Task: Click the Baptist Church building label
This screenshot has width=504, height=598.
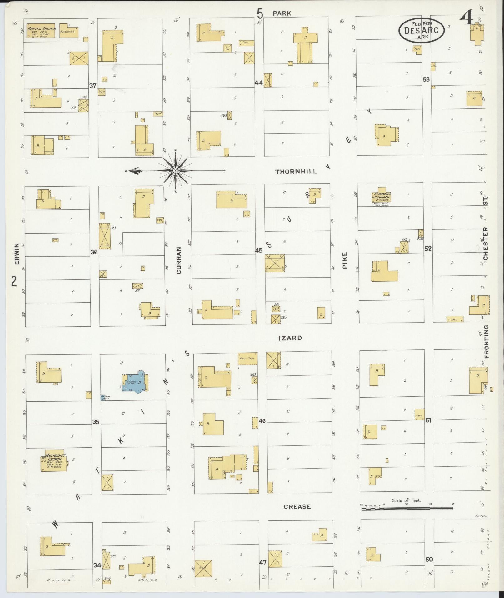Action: [41, 29]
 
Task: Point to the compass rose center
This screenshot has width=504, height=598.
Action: [176, 171]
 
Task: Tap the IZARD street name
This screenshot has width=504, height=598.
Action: [290, 338]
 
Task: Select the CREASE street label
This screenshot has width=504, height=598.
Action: [297, 507]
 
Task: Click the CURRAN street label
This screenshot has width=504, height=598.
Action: [179, 260]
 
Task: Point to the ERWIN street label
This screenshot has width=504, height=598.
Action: [17, 254]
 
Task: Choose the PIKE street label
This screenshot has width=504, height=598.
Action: [345, 260]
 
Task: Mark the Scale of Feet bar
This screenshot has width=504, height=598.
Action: [407, 509]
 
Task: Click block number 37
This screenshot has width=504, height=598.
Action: [93, 86]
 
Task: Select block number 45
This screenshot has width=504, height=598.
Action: [258, 250]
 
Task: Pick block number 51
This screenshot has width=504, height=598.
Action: [428, 420]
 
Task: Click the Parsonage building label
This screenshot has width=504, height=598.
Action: [68, 32]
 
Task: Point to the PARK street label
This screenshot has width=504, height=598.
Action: [282, 13]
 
